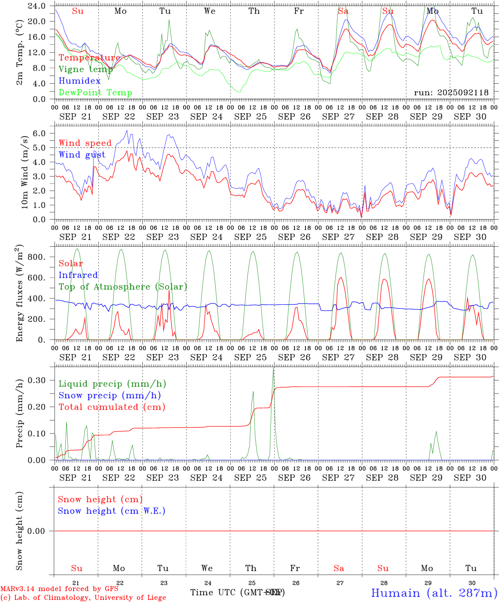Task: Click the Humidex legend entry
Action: pyautogui.click(x=79, y=81)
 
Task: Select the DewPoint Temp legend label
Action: pyautogui.click(x=95, y=92)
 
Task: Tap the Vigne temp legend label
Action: pyautogui.click(x=86, y=69)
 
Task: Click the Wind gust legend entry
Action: pyautogui.click(x=82, y=155)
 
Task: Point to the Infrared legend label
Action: pyautogui.click(x=78, y=275)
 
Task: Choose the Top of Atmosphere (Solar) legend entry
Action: pyautogui.click(x=122, y=287)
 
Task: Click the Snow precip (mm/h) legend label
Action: pyautogui.click(x=109, y=395)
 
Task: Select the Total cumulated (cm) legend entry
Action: pyautogui.click(x=112, y=407)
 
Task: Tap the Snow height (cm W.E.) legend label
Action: pyautogui.click(x=112, y=511)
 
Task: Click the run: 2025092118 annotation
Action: pyautogui.click(x=451, y=92)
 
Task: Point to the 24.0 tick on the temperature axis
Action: pyautogui.click(x=36, y=6)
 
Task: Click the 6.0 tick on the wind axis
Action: pyautogui.click(x=40, y=133)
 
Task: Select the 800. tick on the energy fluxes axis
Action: pyautogui.click(x=36, y=257)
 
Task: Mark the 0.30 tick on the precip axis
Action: pyautogui.click(x=37, y=380)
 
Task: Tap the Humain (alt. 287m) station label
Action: pyautogui.click(x=434, y=593)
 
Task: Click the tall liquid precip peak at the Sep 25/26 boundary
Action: pyautogui.click(x=273, y=368)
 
